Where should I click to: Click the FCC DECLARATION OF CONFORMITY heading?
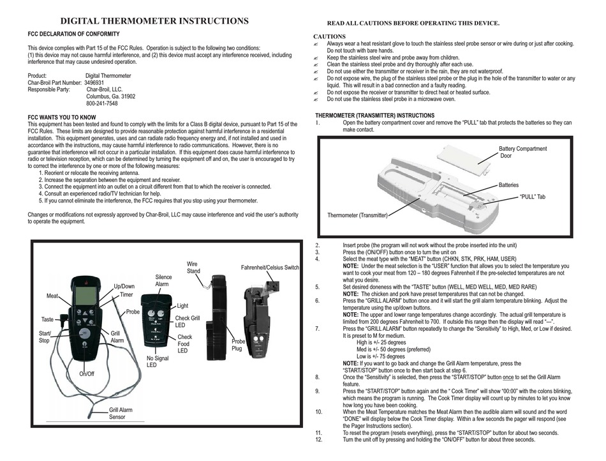73,34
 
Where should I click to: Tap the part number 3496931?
94,83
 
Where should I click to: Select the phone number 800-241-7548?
101,103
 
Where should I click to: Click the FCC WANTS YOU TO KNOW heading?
62,117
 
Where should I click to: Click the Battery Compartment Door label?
522,152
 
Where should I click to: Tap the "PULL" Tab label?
532,197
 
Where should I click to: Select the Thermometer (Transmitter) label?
357,215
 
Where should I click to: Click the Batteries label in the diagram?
508,185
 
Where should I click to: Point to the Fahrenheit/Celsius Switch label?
270,268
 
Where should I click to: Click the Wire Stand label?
193,268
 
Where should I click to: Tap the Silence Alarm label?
163,280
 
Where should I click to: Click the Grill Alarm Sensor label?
121,413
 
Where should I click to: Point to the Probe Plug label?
237,345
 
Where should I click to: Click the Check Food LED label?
184,344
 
